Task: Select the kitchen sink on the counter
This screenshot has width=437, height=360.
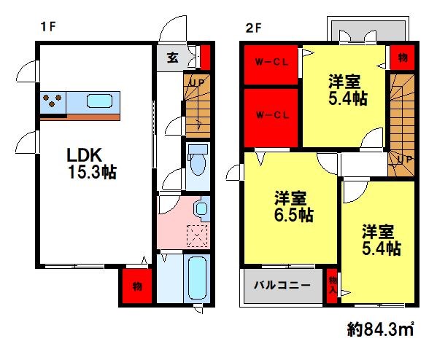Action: click(x=101, y=101)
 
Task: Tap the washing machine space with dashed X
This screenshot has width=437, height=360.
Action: click(x=197, y=235)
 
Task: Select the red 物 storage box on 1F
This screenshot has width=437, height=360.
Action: click(x=136, y=286)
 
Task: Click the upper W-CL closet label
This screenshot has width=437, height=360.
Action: click(x=270, y=62)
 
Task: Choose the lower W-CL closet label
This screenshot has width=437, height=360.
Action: click(x=270, y=114)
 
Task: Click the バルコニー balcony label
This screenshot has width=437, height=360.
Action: click(x=282, y=284)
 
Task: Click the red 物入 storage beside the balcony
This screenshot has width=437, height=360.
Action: click(x=332, y=284)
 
